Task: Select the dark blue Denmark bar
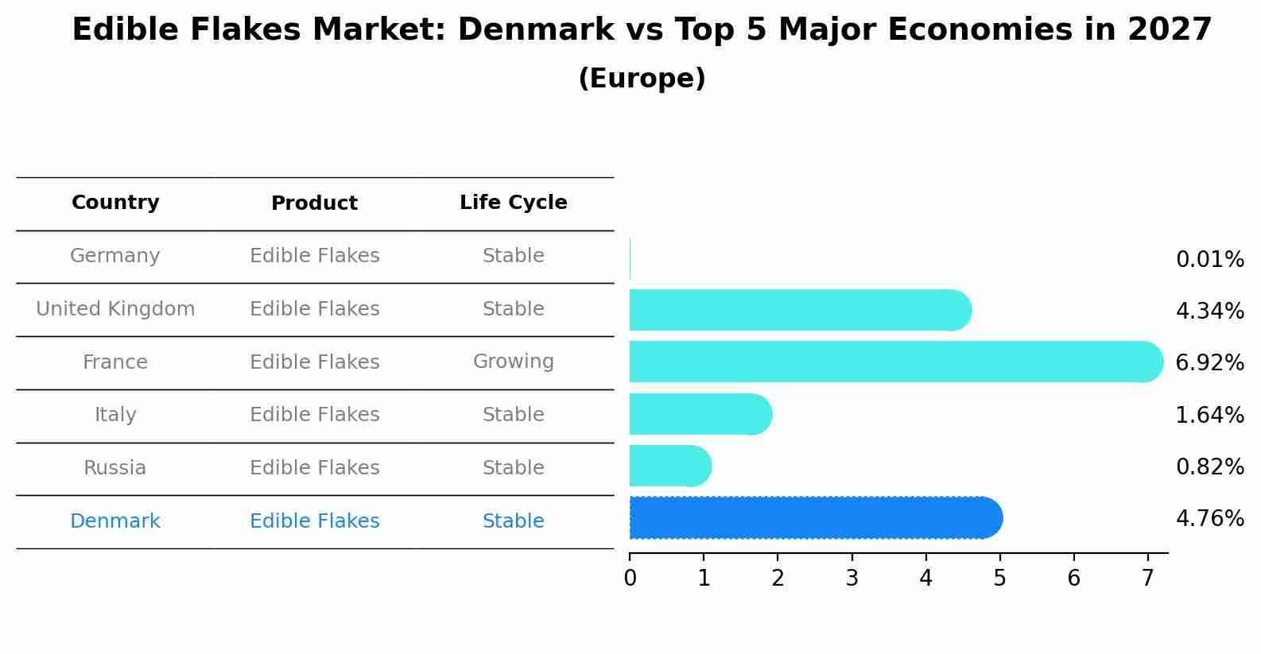click(x=815, y=518)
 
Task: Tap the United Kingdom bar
click(x=799, y=310)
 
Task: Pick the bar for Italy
click(x=700, y=414)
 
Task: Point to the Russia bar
click(x=669, y=466)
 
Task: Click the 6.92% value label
click(x=1209, y=363)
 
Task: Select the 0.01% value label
click(x=1209, y=260)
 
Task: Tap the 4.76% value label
click(x=1209, y=519)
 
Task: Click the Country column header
click(x=115, y=203)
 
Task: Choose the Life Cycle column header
click(x=513, y=203)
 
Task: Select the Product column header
click(x=314, y=203)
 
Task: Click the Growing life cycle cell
click(x=513, y=362)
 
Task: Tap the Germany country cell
click(x=115, y=256)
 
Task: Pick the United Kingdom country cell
click(x=115, y=309)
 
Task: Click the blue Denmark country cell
click(x=115, y=521)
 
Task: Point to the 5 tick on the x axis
click(x=999, y=578)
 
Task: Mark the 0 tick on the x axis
click(x=630, y=578)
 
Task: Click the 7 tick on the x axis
click(x=1147, y=578)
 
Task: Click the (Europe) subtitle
click(x=642, y=79)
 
